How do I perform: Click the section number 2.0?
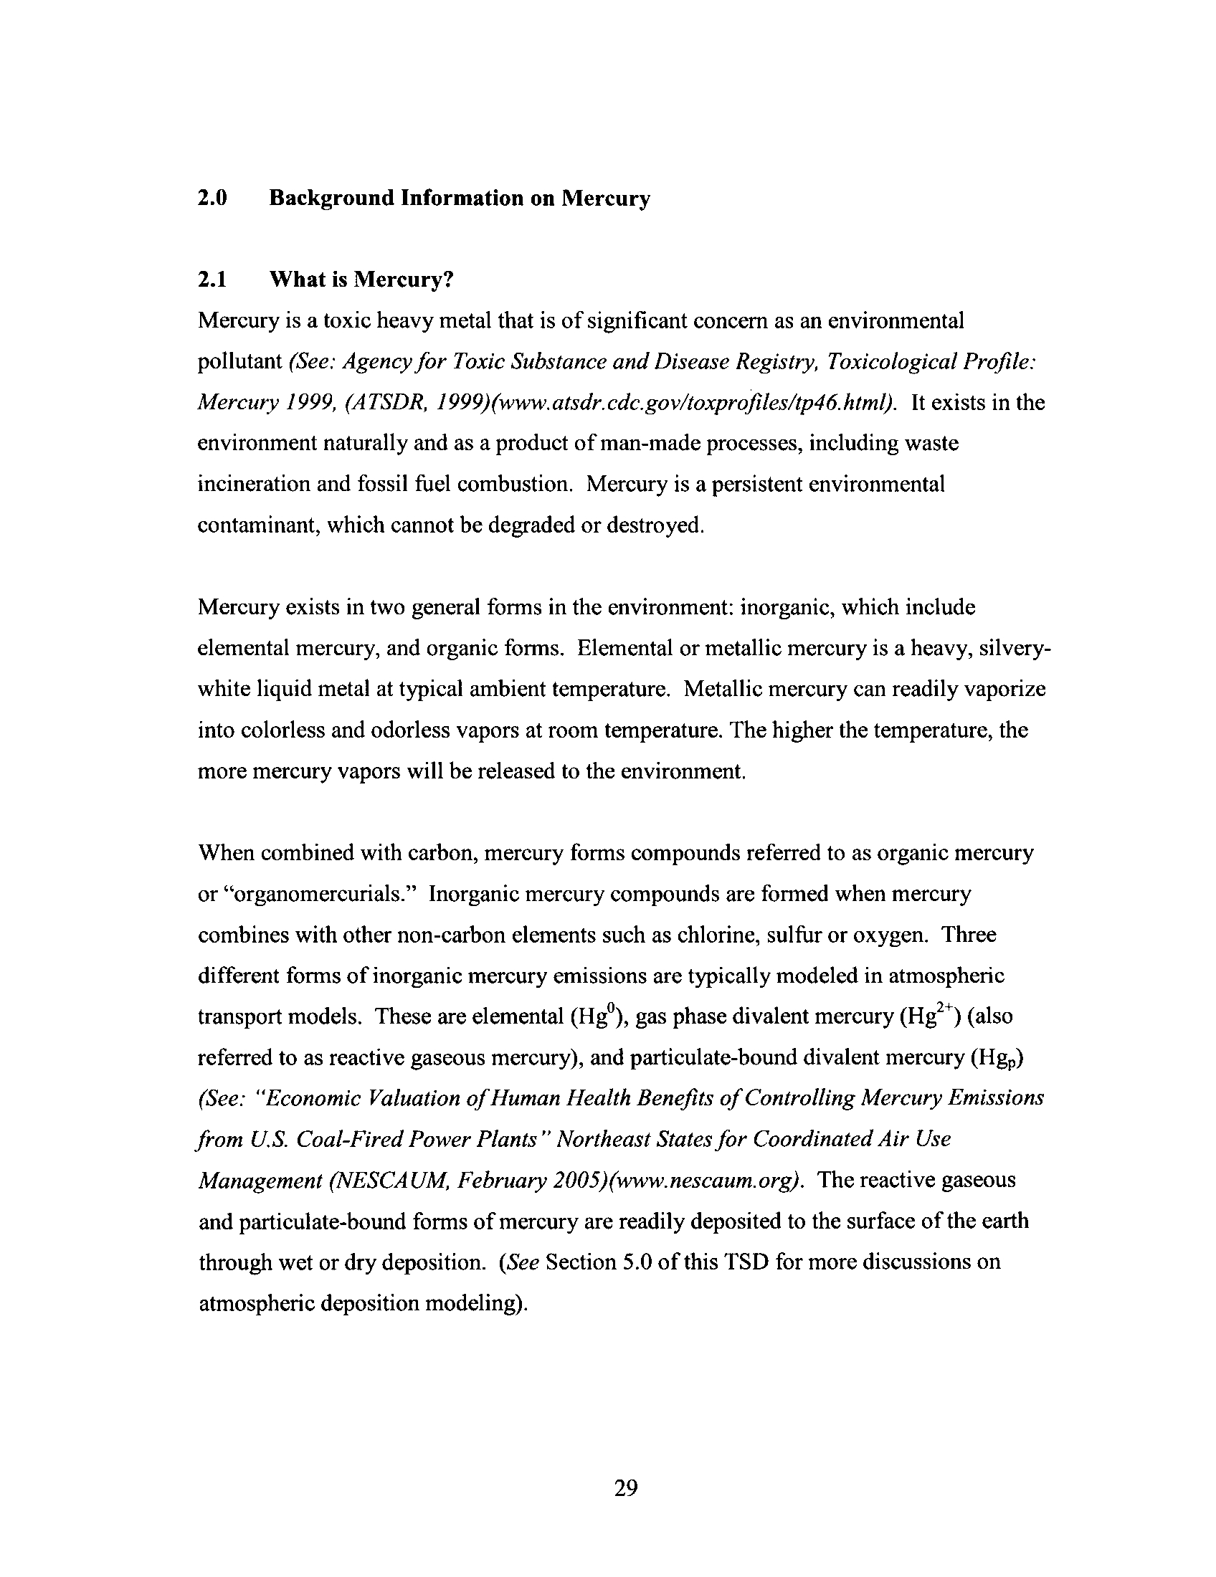click(x=212, y=198)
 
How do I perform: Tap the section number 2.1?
click(x=212, y=280)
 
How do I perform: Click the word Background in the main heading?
click(x=332, y=198)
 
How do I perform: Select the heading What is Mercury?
click(x=361, y=280)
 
